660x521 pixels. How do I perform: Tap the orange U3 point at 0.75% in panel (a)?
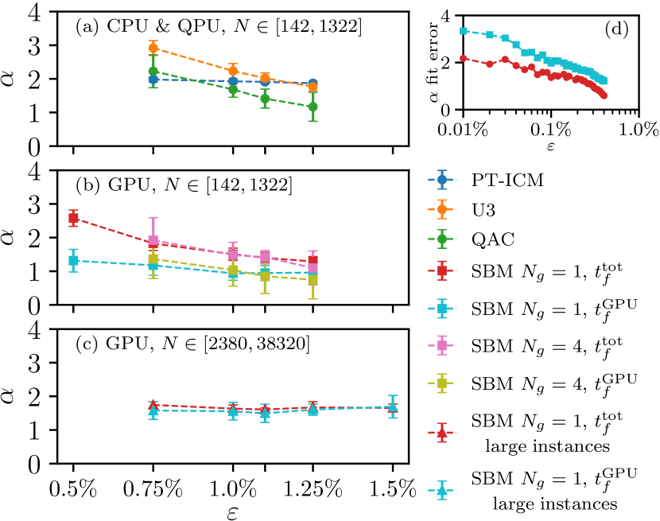tap(153, 48)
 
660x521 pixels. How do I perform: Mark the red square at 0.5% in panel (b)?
tap(73, 217)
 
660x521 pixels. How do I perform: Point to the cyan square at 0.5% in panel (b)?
tap(73, 260)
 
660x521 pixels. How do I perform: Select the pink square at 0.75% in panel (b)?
tap(153, 240)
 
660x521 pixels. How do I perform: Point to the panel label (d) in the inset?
tap(615, 30)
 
